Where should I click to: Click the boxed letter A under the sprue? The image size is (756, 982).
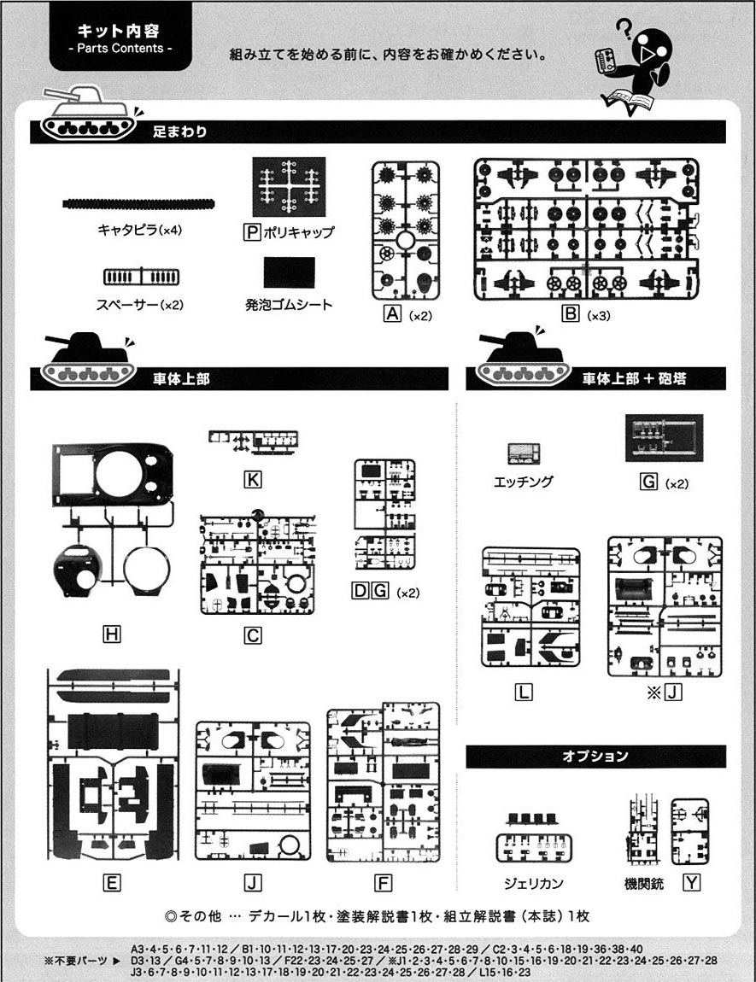click(393, 313)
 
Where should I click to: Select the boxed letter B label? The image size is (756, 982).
click(571, 313)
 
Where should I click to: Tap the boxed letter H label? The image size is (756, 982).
click(112, 634)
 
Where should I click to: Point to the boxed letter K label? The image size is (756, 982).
click(253, 480)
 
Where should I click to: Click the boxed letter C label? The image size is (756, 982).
click(253, 635)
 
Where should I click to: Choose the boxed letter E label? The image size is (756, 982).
click(112, 883)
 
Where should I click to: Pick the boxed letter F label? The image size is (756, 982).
click(383, 883)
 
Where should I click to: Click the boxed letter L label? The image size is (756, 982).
click(524, 692)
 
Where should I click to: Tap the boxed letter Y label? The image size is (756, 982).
click(691, 883)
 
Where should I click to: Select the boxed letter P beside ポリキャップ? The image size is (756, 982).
click(252, 232)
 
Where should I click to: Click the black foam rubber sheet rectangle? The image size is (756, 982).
click(289, 272)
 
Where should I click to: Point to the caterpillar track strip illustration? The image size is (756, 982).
click(138, 203)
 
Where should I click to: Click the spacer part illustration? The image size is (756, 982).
click(142, 277)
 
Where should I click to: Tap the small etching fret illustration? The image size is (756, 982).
click(524, 454)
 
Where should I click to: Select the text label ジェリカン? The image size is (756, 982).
click(534, 883)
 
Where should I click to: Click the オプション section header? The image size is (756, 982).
click(595, 756)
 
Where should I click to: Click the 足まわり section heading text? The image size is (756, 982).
click(179, 132)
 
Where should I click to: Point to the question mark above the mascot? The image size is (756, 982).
click(624, 27)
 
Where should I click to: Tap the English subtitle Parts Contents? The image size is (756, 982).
click(120, 48)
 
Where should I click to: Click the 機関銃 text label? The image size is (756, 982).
click(644, 884)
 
